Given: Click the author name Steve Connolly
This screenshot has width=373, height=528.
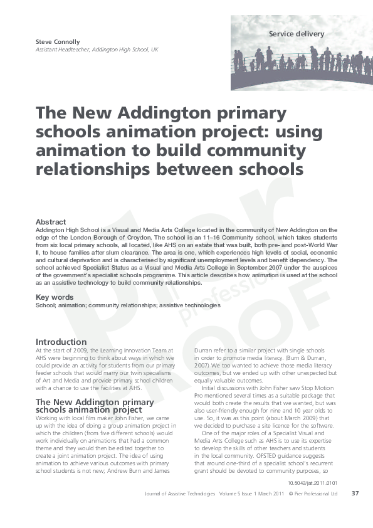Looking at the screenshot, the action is (x=58, y=42).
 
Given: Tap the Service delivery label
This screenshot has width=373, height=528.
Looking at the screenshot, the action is (x=297, y=33).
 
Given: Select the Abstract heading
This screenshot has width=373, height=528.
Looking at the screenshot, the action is (x=51, y=222).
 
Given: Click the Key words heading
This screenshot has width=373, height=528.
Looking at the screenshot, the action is (x=55, y=297).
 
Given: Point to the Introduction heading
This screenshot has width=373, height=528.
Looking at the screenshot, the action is (x=61, y=342).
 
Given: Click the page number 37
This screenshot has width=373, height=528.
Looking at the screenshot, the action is (x=355, y=494).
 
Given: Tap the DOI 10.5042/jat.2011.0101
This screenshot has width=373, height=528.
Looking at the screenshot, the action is (x=312, y=483).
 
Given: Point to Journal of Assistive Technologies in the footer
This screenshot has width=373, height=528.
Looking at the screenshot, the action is (x=179, y=494).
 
